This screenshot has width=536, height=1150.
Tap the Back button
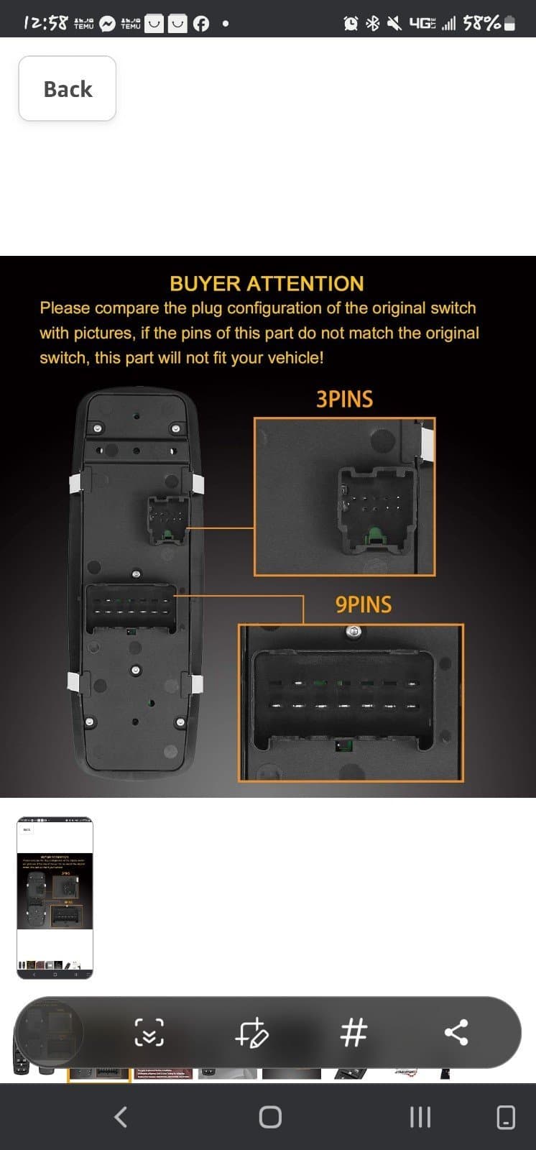coord(68,88)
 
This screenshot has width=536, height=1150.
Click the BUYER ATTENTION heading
coord(267,283)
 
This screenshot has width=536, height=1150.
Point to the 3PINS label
coord(344,400)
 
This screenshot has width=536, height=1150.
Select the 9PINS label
coord(364,604)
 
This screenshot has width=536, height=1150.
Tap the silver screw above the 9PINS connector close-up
coord(352,632)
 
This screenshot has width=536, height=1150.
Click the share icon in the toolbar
coord(456,1033)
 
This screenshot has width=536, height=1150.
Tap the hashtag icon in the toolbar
coord(354,1033)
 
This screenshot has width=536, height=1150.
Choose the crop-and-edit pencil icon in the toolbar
coord(251,1034)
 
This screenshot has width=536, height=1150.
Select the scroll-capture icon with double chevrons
coord(149,1033)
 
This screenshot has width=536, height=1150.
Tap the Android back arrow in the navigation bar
coord(121,1116)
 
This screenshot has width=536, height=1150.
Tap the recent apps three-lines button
coord(420,1117)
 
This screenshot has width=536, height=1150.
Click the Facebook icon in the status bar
coord(201,24)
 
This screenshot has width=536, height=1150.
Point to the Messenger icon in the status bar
coord(107,24)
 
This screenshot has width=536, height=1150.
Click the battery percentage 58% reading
coord(481,23)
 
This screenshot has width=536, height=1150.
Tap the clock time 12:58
coord(46,23)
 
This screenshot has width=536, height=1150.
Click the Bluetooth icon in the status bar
coord(373,24)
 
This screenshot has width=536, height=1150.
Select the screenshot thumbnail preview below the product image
coord(55,897)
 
